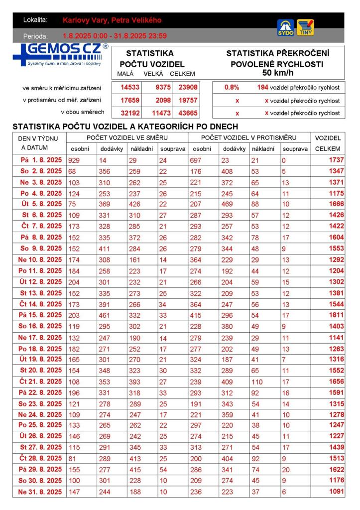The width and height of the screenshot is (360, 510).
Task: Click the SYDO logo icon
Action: pyautogui.click(x=285, y=27)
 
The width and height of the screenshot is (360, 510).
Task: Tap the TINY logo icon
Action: pyautogui.click(x=305, y=27)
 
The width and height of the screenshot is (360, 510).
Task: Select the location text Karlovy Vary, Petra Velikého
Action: pyautogui.click(x=112, y=20)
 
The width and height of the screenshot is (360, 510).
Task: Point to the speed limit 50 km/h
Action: pyautogui.click(x=277, y=73)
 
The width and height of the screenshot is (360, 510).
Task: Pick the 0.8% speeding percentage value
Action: pyautogui.click(x=232, y=87)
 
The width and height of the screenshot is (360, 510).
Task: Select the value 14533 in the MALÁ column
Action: pyautogui.click(x=130, y=87)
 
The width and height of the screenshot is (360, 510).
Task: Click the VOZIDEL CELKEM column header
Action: pyautogui.click(x=328, y=143)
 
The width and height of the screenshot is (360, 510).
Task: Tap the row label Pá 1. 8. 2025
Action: pyautogui.click(x=40, y=160)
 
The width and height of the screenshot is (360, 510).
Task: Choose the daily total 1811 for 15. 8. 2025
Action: pyautogui.click(x=336, y=315)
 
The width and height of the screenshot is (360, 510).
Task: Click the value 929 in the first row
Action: pyautogui.click(x=74, y=160)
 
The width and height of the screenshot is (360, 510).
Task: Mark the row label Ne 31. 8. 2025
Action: pyautogui.click(x=40, y=492)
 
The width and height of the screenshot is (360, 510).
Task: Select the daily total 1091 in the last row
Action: pyautogui.click(x=336, y=492)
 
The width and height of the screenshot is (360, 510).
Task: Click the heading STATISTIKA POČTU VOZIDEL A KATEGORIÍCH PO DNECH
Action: pyautogui.click(x=125, y=127)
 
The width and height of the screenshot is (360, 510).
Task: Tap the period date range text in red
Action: pyautogui.click(x=115, y=36)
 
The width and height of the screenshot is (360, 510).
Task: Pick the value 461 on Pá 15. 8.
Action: pyautogui.click(x=106, y=315)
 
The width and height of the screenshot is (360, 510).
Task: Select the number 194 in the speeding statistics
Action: pyautogui.click(x=262, y=87)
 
